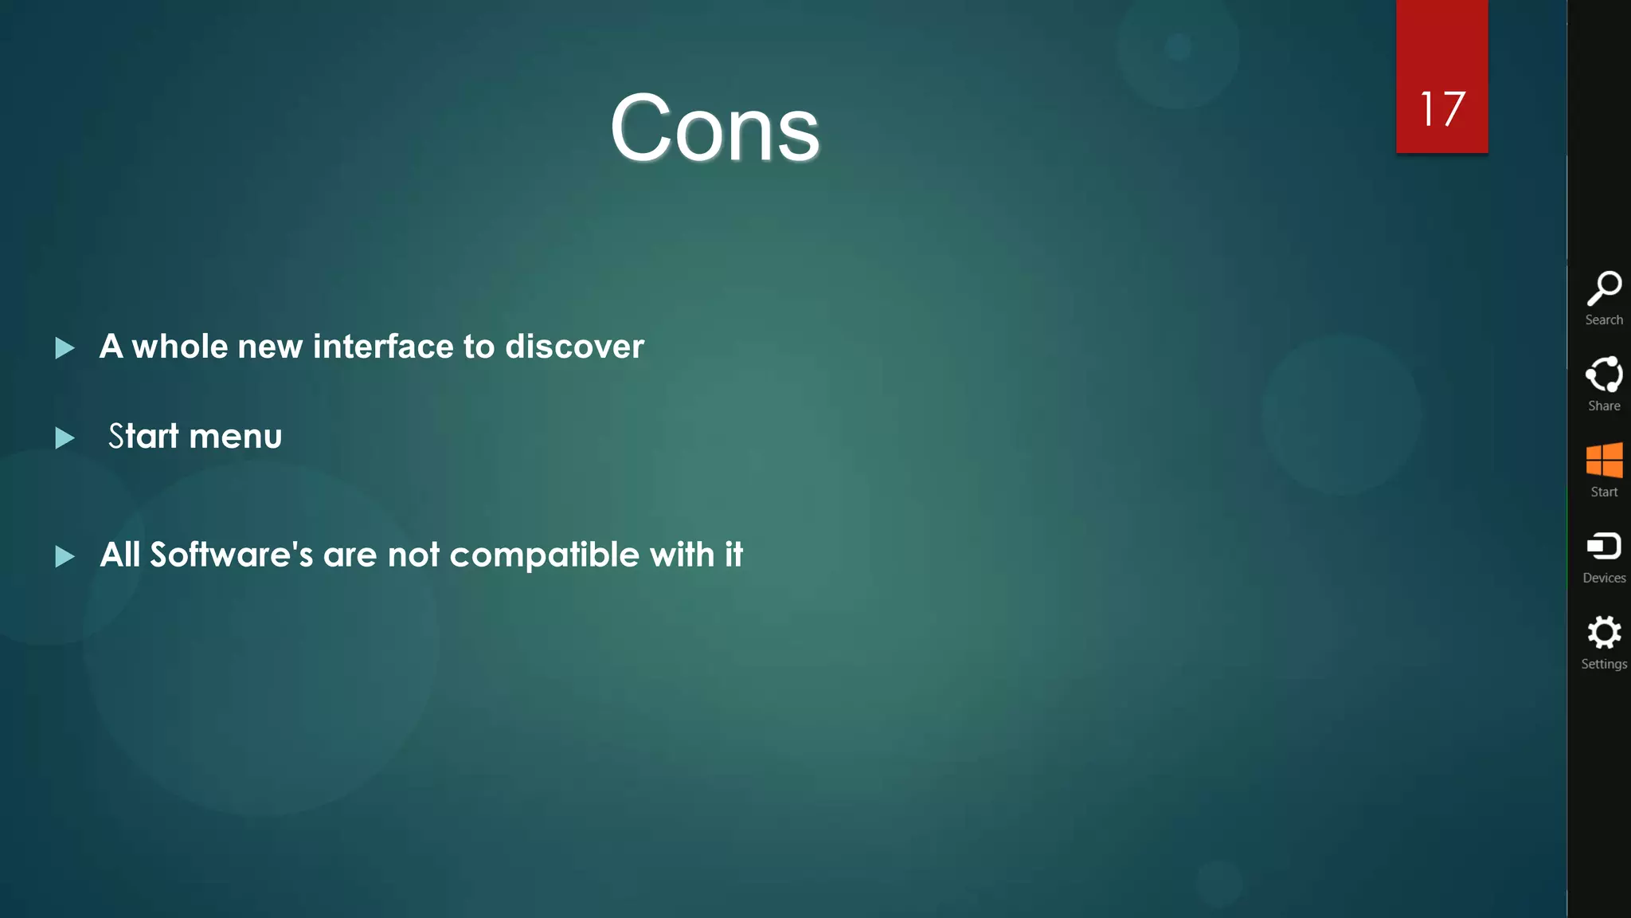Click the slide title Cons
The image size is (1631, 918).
coord(714,128)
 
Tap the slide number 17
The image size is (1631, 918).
coord(1441,108)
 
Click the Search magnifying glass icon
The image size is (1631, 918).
coord(1604,288)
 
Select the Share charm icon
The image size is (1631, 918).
coord(1604,374)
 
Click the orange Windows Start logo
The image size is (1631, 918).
coord(1604,460)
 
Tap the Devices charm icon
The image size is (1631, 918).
coord(1604,547)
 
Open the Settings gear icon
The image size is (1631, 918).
coord(1604,633)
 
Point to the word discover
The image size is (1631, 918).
coord(574,347)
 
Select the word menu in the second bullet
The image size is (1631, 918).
coord(236,437)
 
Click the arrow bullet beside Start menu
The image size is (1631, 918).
coord(65,437)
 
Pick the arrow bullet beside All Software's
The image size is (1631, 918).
coord(65,556)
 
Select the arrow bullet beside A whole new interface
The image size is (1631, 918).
coord(65,347)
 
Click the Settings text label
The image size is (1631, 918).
coord(1604,664)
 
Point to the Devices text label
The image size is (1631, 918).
coord(1604,578)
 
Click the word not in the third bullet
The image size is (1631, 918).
coord(413,555)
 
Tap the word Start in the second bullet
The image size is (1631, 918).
coord(144,437)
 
